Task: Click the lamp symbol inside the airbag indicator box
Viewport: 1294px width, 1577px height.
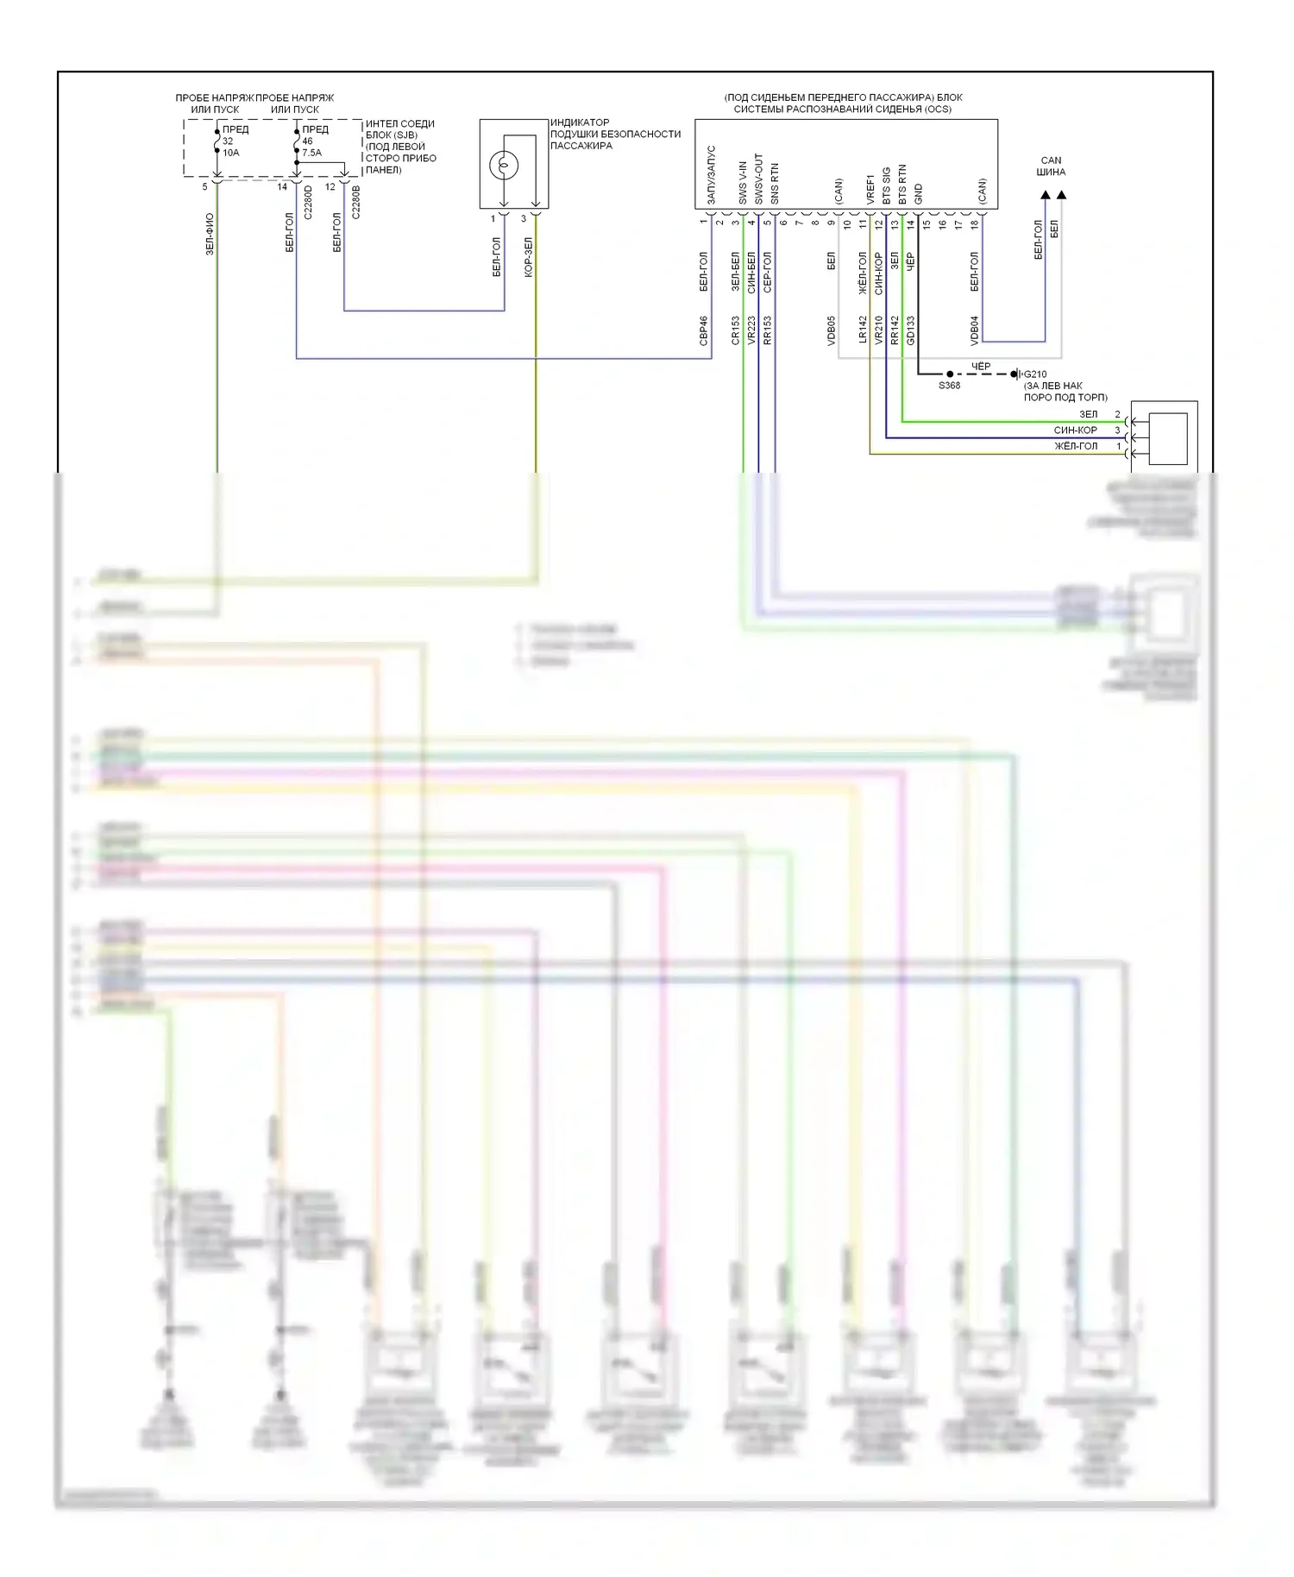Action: [503, 164]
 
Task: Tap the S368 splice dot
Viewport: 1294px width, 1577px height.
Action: [950, 374]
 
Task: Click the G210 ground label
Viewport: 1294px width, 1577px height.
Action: [1035, 374]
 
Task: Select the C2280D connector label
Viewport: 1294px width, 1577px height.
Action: [308, 201]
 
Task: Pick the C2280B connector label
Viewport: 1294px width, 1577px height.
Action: [355, 201]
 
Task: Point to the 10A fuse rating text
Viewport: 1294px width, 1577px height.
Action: [231, 153]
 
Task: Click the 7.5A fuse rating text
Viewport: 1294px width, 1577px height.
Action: [311, 153]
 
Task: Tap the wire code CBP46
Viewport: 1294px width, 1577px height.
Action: [704, 331]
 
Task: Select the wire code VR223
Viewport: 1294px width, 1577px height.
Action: [751, 331]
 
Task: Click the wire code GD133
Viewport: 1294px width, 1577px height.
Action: [911, 331]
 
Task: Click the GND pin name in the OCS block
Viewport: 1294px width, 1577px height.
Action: [918, 194]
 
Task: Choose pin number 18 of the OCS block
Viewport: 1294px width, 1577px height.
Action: [975, 224]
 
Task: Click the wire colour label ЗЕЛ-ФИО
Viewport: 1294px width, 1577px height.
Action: [210, 234]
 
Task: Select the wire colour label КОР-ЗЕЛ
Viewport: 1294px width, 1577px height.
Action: [529, 257]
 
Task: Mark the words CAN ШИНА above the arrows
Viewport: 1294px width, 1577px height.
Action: [1051, 166]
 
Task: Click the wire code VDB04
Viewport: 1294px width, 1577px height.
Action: [975, 331]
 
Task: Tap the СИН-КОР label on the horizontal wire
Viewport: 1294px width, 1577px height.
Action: [1075, 430]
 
